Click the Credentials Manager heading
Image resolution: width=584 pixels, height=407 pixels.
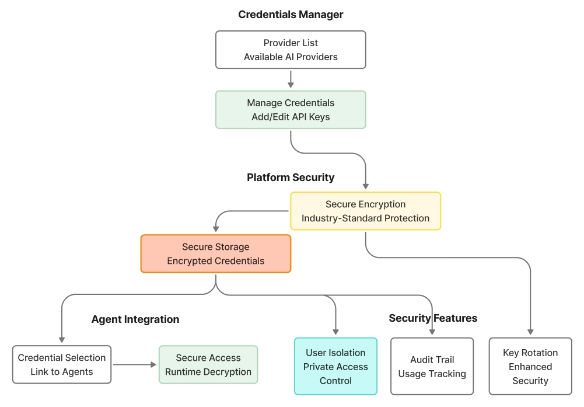click(291, 15)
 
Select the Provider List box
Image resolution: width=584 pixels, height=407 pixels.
click(291, 50)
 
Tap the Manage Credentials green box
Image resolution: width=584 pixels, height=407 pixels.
click(291, 110)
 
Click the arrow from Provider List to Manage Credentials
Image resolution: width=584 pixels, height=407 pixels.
click(291, 79)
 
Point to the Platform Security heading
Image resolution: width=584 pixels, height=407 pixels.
click(291, 178)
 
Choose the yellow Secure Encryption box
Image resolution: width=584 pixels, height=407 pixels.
click(365, 211)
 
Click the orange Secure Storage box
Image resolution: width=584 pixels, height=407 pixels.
click(215, 253)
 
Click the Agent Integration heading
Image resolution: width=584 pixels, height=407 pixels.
click(135, 319)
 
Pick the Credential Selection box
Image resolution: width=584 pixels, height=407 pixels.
click(61, 364)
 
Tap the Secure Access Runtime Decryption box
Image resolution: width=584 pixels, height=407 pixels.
click(208, 364)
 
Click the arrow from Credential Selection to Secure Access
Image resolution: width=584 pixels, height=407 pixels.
click(135, 364)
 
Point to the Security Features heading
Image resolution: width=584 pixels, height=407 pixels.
click(433, 318)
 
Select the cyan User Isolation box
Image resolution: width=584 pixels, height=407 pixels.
click(335, 366)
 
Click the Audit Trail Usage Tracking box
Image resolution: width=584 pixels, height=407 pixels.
click(432, 366)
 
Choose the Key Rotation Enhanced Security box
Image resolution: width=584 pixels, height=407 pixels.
click(530, 366)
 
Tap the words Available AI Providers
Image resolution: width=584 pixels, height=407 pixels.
click(291, 57)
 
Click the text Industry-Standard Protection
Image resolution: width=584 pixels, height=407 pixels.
click(365, 218)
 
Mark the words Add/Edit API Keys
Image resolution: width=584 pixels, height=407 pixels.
click(291, 117)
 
